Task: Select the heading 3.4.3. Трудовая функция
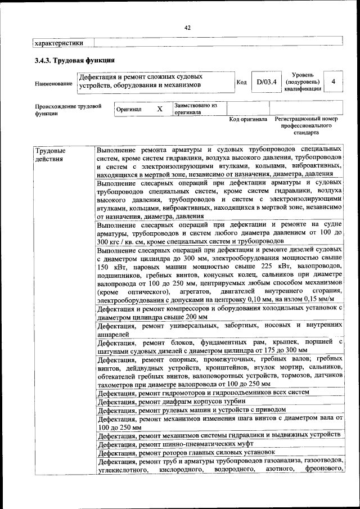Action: coord(74,60)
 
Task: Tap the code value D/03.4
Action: coord(266,82)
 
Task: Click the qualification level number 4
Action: coord(334,82)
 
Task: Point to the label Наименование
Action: coord(53,83)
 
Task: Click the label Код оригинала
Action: coord(248,119)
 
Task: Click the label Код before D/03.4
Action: coord(241,83)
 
